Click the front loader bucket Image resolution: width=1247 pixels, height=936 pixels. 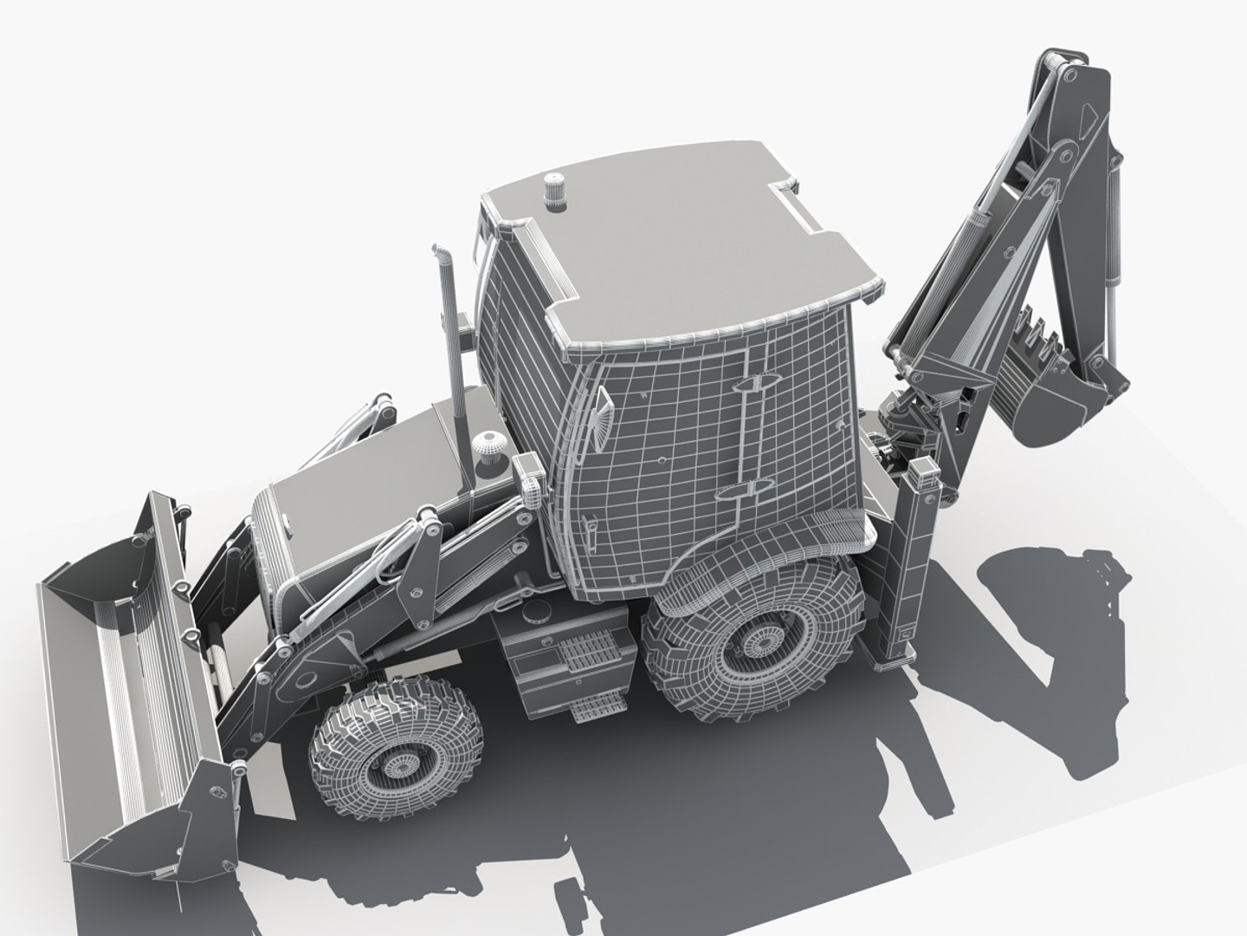pos(130,659)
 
